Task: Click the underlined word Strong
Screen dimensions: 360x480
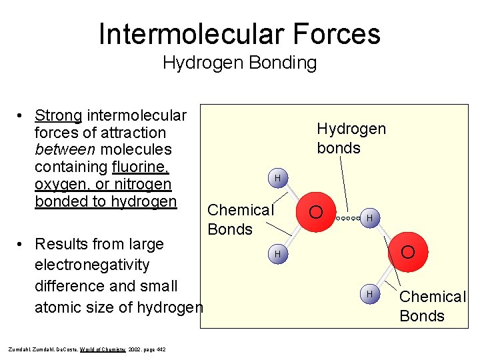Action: (x=58, y=115)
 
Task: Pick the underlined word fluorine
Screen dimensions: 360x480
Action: (x=142, y=167)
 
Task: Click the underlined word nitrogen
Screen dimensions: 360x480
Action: (x=142, y=185)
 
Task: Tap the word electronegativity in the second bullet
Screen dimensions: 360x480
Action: (x=92, y=265)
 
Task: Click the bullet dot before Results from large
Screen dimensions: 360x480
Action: (x=22, y=243)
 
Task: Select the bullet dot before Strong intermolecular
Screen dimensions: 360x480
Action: (x=22, y=115)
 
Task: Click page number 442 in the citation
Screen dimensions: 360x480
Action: (x=161, y=349)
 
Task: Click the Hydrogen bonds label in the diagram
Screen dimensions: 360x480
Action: (x=351, y=138)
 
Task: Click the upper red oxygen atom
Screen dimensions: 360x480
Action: (x=317, y=212)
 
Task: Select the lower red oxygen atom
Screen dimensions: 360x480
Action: (x=408, y=253)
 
